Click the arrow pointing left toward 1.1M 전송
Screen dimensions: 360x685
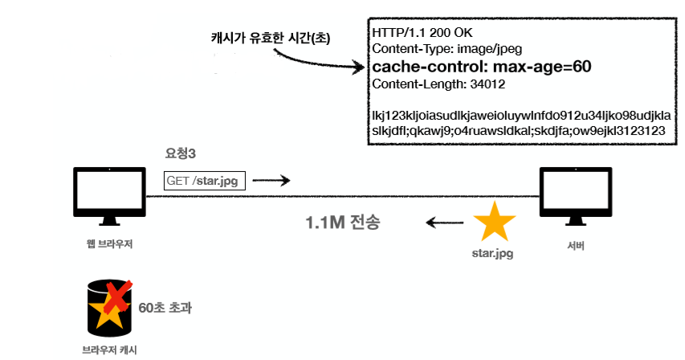click(x=442, y=223)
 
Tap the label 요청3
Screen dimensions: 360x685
click(x=181, y=153)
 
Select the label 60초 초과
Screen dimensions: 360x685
click(x=165, y=307)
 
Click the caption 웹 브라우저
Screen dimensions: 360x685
click(x=110, y=244)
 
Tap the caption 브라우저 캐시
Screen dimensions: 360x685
click(x=109, y=350)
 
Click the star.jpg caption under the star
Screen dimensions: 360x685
click(x=492, y=254)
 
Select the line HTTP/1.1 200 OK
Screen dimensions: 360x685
click(x=422, y=33)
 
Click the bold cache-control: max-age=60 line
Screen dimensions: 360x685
click(x=482, y=67)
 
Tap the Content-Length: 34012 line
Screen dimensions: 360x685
click(x=438, y=84)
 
